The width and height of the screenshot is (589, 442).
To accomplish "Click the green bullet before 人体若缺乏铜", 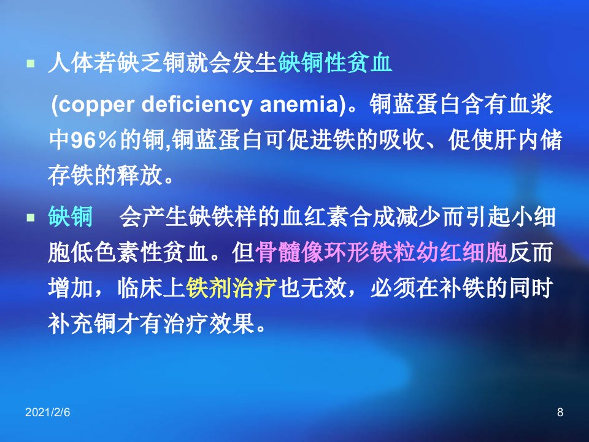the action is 31,63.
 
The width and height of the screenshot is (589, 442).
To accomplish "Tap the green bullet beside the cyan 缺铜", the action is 31,217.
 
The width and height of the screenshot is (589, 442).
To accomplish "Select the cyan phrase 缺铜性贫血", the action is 336,63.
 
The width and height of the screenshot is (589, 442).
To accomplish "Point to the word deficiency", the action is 197,104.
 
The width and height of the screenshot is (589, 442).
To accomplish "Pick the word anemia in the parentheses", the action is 299,104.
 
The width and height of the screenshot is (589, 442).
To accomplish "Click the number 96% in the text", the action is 94,141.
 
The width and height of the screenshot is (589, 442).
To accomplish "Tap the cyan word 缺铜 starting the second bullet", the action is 71,217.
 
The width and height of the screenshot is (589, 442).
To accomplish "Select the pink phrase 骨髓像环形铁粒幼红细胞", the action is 381,252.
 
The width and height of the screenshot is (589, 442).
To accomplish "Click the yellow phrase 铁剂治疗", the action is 231,288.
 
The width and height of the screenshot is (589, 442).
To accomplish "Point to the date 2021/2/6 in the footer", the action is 48,413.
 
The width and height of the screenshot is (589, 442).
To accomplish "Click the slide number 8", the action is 560,413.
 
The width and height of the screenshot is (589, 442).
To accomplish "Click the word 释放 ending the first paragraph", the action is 140,175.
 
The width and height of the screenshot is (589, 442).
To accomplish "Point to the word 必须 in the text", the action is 393,288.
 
